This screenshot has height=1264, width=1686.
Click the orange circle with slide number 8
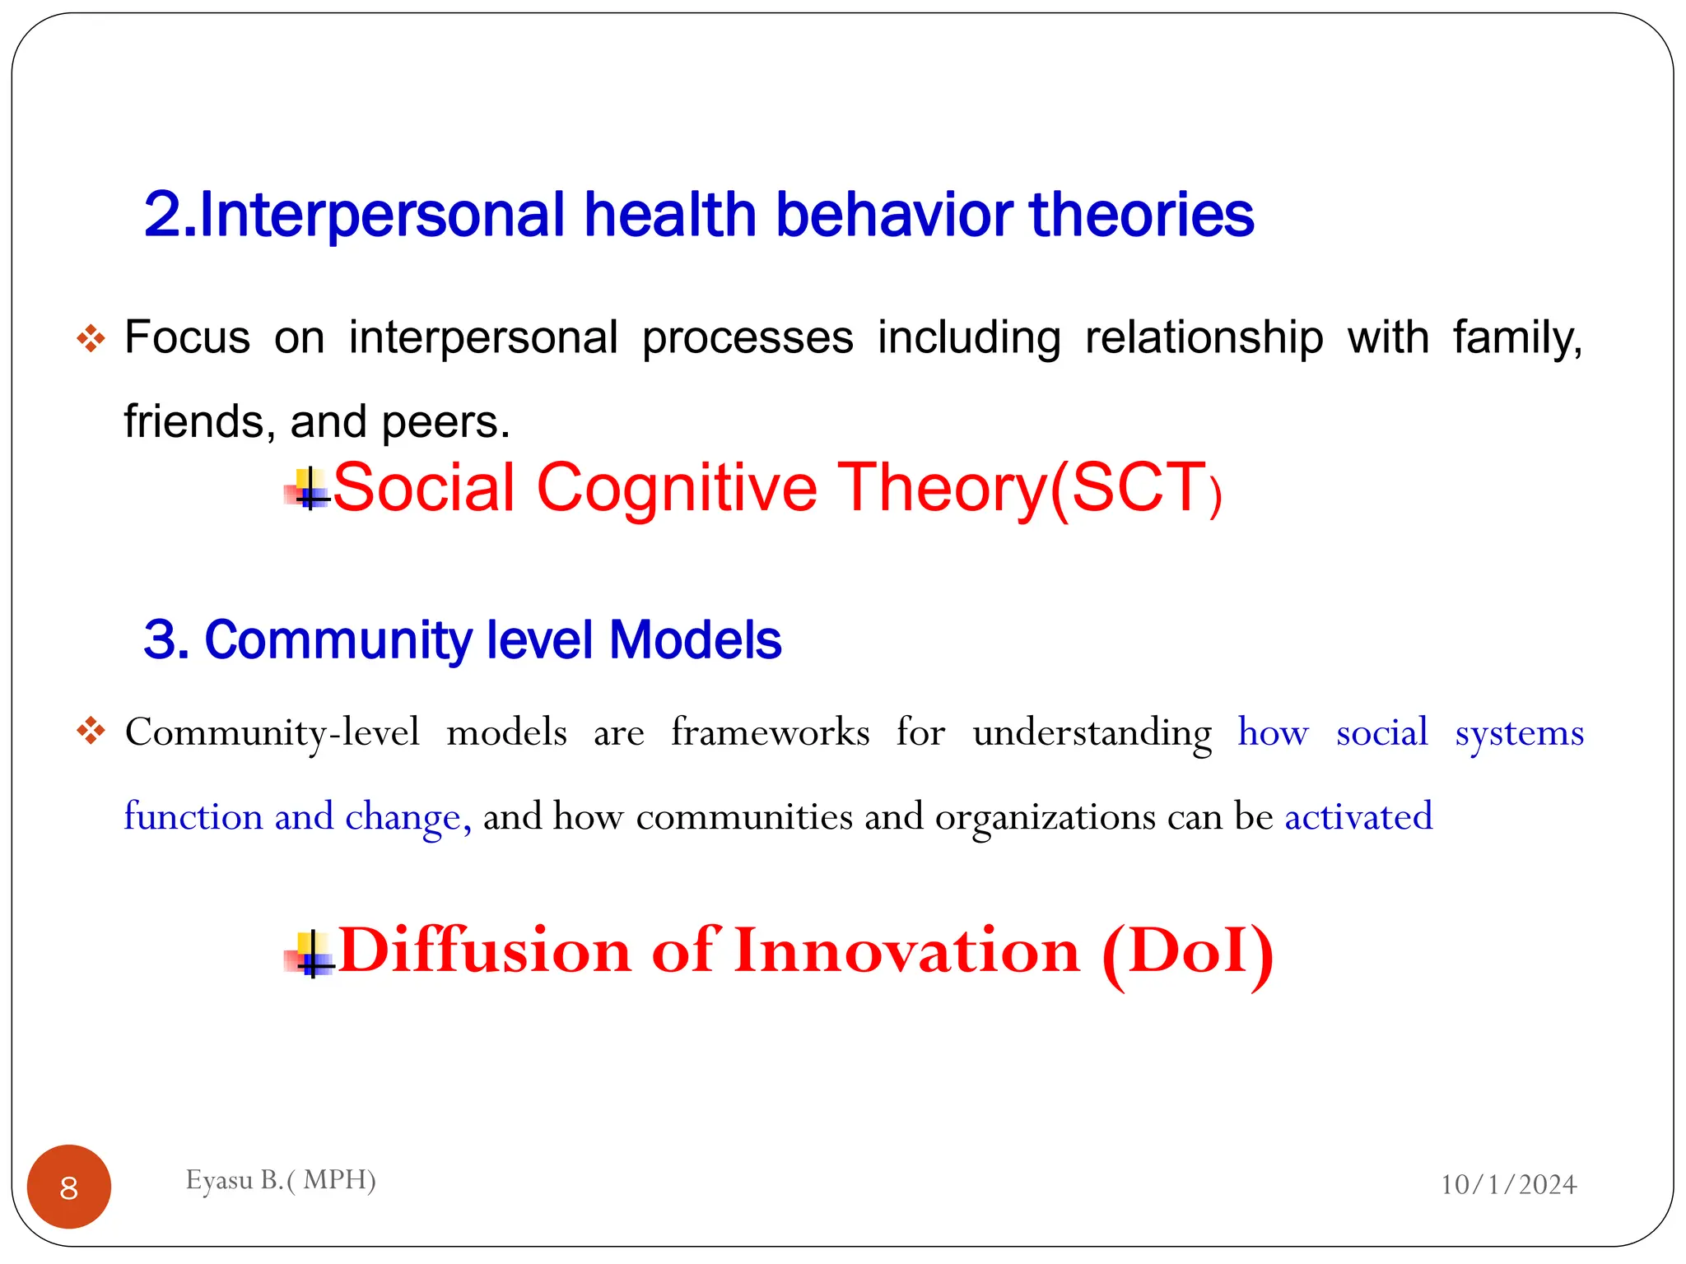pos(69,1187)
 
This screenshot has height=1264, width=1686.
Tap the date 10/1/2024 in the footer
pos(1508,1184)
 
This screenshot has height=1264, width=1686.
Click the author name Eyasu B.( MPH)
pos(281,1180)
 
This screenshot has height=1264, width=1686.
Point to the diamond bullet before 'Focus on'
pos(91,338)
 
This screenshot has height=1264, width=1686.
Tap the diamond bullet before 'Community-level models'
pos(91,731)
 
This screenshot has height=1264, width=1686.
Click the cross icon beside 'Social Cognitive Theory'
pos(308,489)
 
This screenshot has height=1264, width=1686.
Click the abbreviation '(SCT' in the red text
pos(1128,487)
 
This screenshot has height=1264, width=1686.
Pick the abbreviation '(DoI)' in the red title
pos(1187,951)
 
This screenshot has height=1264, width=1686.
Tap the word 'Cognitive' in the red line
pos(677,487)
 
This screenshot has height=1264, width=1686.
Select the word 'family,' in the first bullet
pos(1517,338)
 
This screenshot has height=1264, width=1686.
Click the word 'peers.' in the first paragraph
pos(445,421)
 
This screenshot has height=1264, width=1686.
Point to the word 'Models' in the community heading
pos(695,640)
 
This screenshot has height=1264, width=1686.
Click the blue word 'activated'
pos(1358,816)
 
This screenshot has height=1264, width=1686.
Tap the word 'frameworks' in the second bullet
pos(770,732)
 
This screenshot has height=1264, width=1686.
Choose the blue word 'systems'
pos(1519,732)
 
